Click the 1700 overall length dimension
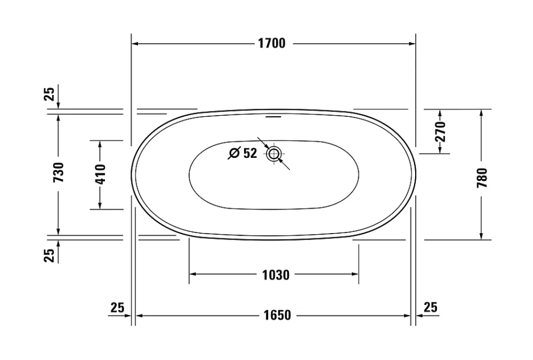(272, 44)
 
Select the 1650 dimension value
(277, 315)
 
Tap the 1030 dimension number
(276, 275)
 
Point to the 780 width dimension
(482, 178)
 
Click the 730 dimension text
(59, 172)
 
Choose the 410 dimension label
(101, 174)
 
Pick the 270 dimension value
(440, 131)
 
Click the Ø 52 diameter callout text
(243, 153)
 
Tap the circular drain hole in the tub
(273, 154)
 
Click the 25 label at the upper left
(50, 94)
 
